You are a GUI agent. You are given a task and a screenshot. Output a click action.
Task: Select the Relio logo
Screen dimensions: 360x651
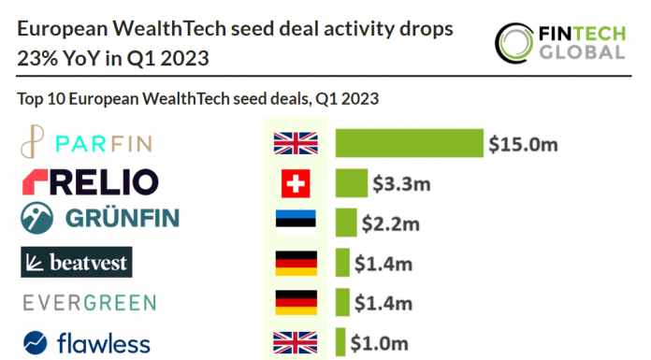coord(89,182)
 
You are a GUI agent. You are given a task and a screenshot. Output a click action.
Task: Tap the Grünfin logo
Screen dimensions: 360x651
coord(99,220)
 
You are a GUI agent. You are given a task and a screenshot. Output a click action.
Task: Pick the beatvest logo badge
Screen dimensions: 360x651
coord(75,263)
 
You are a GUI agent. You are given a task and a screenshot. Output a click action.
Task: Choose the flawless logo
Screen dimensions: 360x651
coord(87,343)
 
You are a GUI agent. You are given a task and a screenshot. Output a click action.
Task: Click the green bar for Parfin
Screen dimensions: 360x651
coord(409,143)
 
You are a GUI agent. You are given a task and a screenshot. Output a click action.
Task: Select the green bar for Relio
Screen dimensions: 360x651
coord(352,183)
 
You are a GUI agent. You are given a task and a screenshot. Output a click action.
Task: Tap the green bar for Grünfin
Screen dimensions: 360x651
coord(346,223)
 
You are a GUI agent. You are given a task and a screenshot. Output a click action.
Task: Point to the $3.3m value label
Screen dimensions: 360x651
coord(401,183)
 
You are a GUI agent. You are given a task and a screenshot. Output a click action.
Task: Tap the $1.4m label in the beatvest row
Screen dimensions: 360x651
coord(383,263)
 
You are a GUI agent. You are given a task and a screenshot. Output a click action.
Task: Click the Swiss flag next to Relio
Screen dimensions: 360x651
coord(296,184)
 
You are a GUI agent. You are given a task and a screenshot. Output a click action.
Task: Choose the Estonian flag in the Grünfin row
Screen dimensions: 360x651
coord(296,223)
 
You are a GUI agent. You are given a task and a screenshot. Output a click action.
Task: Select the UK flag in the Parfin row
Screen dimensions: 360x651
coord(296,143)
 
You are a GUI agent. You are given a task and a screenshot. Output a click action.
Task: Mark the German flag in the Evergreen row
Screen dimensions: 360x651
coord(296,303)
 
